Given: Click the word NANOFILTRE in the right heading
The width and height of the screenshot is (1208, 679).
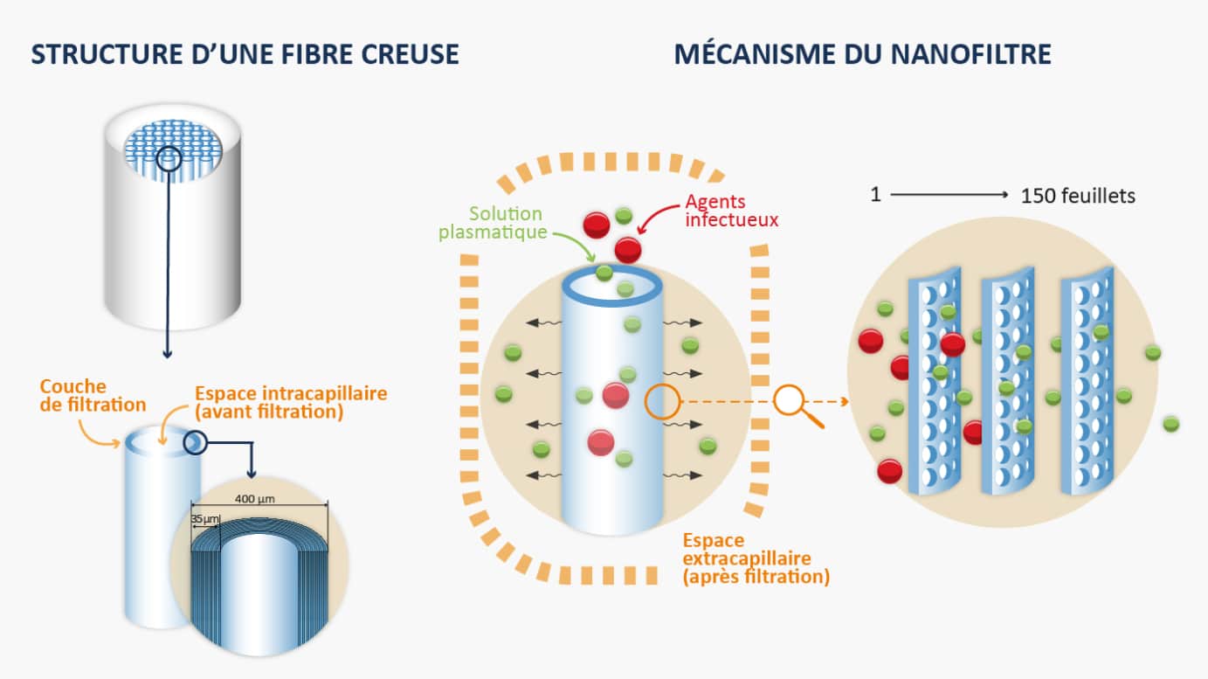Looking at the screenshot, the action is click(970, 54).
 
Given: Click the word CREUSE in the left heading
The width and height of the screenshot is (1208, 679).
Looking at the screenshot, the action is click(410, 54).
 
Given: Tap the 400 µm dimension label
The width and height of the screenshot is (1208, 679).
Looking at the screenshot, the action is click(254, 499).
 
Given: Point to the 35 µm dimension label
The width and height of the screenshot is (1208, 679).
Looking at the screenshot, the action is click(205, 519).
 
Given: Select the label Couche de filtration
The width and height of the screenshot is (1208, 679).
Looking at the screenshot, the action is click(93, 396).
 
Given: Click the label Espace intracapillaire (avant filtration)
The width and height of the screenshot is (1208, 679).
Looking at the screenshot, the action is click(291, 403).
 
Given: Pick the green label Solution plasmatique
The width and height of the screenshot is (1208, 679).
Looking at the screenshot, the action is click(492, 223).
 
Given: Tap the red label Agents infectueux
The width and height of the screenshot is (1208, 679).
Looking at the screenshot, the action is click(732, 211).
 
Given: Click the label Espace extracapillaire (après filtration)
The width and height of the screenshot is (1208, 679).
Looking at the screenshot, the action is click(756, 558).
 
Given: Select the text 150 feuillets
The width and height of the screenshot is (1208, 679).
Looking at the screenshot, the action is click(1078, 196).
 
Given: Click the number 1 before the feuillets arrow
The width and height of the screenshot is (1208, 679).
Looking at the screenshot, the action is click(876, 194).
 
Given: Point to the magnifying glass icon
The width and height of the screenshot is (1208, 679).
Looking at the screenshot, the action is click(798, 405).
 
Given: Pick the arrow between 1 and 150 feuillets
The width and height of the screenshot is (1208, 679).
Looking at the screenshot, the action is click(949, 195).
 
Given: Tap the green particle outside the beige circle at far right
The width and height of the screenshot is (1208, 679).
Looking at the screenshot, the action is click(1170, 424).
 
